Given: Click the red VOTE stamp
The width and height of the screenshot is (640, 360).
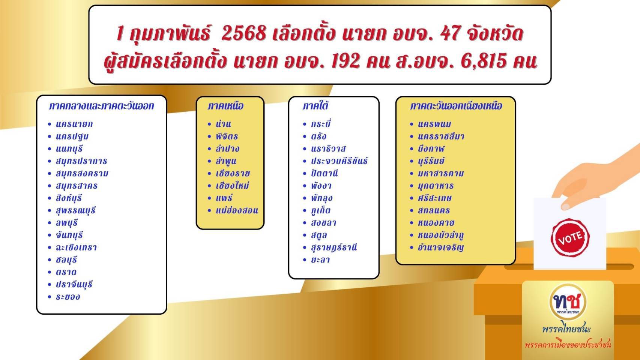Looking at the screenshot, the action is [x=570, y=237].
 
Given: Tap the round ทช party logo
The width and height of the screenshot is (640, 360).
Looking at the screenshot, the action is [x=568, y=302].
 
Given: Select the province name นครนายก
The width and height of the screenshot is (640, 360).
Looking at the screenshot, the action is [x=74, y=124].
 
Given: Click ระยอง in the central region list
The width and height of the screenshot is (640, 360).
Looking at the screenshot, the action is [x=68, y=297].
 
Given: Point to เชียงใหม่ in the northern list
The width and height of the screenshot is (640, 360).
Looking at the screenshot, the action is [x=233, y=186].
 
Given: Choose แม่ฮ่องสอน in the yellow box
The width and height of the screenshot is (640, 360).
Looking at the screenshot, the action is [x=237, y=211].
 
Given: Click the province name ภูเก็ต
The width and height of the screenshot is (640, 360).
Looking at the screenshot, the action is [x=321, y=211].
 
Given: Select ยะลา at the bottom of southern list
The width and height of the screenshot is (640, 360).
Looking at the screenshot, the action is [x=320, y=260].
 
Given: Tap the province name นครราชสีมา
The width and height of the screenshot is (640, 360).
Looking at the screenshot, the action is [x=441, y=136].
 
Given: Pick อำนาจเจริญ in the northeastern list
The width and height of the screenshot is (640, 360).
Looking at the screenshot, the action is [x=440, y=247].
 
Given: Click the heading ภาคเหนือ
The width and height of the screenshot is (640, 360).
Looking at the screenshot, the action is [x=225, y=106].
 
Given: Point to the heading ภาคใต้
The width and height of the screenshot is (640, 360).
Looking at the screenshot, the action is [x=315, y=106].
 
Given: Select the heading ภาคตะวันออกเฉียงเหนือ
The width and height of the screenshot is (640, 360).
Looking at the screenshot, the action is [x=456, y=106].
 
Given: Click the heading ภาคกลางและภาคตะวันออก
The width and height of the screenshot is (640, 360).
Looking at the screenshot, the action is [x=101, y=106].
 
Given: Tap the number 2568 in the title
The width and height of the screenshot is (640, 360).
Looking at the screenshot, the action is [x=244, y=33].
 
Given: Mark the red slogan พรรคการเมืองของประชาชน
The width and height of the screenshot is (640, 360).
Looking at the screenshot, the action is [x=568, y=345].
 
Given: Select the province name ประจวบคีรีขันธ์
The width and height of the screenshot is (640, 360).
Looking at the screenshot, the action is [x=339, y=161].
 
